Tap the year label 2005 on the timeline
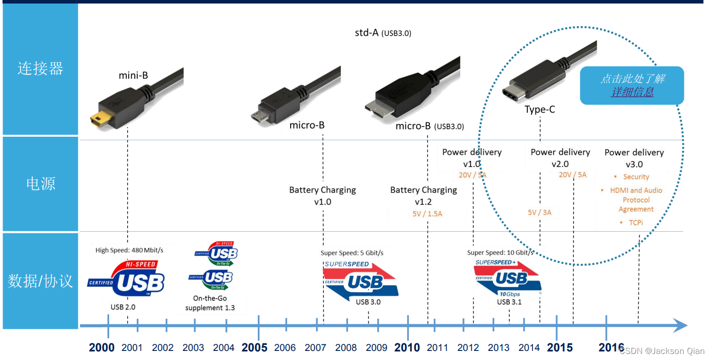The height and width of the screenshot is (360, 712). (254, 347)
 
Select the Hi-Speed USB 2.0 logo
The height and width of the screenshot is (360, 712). (126, 280)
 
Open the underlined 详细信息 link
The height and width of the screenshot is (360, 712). (632, 92)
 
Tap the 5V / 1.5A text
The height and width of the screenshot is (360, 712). (427, 214)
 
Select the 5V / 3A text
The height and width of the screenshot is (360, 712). (540, 213)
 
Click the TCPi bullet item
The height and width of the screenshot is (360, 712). (636, 222)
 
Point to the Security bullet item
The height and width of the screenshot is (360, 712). (636, 177)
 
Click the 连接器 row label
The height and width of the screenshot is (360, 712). (40, 68)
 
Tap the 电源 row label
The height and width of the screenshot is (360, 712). (40, 184)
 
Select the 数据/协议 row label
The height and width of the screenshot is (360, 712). (40, 281)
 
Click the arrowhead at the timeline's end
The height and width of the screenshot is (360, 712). (681, 326)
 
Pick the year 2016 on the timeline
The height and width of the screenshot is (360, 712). (611, 347)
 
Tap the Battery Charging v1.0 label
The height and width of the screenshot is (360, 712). (322, 196)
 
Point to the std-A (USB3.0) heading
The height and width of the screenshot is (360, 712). (383, 33)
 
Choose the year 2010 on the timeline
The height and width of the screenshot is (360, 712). (407, 347)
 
